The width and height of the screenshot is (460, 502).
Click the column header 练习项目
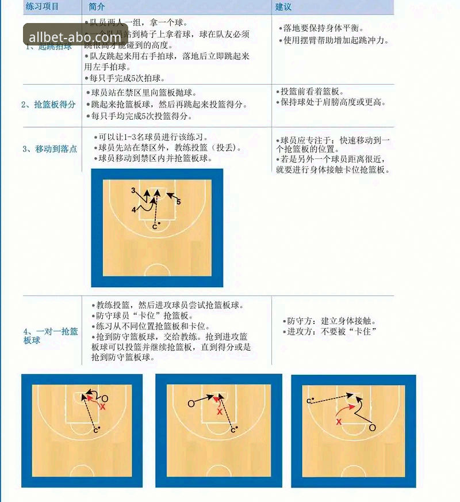point(43,7)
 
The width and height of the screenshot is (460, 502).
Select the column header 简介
point(97,7)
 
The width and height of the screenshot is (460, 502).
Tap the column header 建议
point(283,7)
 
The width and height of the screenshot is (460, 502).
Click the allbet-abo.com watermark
point(75,35)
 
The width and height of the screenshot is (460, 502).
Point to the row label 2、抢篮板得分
point(48,104)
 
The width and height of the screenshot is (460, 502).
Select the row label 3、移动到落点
point(49,149)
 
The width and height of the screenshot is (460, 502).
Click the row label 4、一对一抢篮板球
point(51,336)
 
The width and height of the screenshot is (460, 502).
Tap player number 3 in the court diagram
point(133,190)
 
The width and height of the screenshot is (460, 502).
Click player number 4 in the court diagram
point(133,210)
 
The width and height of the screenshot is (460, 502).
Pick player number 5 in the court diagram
point(179,202)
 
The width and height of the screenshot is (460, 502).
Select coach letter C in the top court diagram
point(154,227)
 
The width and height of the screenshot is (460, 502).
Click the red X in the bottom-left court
point(103,406)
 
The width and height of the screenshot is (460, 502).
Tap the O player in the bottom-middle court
point(191,404)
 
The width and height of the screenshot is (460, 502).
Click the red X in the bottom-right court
point(339,421)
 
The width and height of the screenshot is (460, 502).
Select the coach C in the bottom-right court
point(309,401)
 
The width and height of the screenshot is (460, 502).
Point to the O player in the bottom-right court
point(372,428)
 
